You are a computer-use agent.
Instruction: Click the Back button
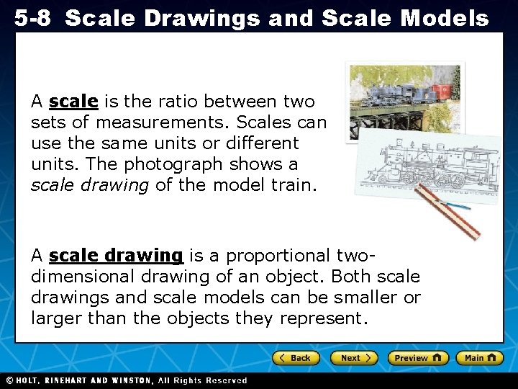coord(295,358)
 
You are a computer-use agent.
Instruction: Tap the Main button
coord(480,358)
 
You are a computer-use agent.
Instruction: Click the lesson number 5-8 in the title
coord(32,19)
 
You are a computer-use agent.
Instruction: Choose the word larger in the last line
coord(57,318)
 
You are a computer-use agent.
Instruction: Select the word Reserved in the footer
coord(226,380)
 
